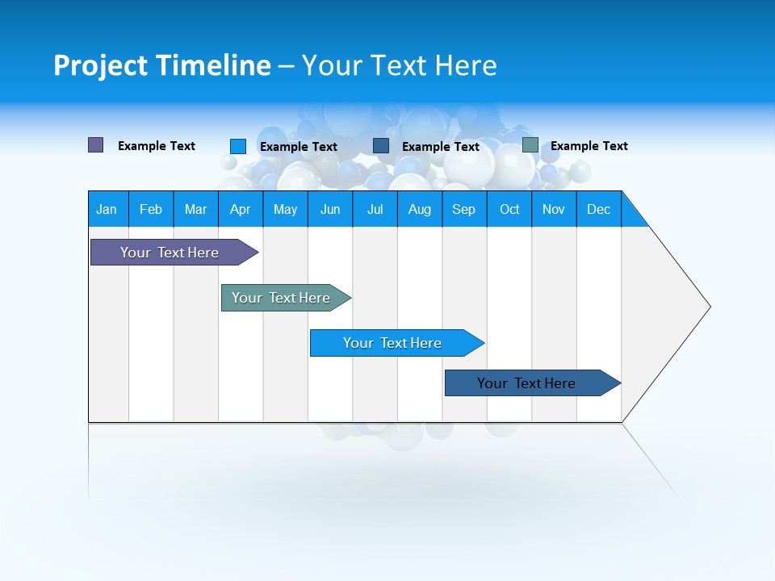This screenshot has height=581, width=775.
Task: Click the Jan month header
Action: tap(107, 209)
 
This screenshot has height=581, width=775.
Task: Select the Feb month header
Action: tap(151, 209)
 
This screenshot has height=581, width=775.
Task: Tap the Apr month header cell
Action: tap(241, 209)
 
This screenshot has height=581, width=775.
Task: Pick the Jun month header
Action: tap(330, 209)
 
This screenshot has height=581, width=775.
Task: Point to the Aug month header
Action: tap(420, 209)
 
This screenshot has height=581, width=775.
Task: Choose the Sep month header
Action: tap(464, 209)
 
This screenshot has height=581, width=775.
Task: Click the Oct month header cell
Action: tap(509, 209)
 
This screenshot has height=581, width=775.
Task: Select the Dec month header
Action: tap(599, 209)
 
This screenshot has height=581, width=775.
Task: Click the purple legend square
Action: tap(96, 145)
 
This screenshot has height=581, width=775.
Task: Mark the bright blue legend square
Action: tap(238, 146)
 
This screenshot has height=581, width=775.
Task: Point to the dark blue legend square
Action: tap(381, 145)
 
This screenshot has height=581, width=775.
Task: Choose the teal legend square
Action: tap(530, 145)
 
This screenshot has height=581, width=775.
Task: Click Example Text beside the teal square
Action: tap(589, 146)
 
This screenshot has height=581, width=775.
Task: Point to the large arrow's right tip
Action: tap(709, 307)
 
